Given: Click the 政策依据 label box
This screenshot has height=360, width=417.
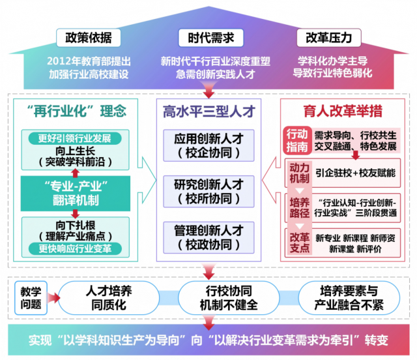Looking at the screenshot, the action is [x=89, y=38].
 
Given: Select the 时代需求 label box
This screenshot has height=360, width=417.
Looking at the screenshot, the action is [x=211, y=38].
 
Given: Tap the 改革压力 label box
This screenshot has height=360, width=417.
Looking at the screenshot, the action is [x=328, y=38].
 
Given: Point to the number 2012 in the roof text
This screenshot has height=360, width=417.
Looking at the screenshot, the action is [x=59, y=61].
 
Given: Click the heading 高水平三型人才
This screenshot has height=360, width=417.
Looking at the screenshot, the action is [x=209, y=112].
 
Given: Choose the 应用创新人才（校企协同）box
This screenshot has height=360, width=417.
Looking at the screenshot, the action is [x=208, y=145].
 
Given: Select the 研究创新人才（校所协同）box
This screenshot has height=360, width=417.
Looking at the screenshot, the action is [x=208, y=192].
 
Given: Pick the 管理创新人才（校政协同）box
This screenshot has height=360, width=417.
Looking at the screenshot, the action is [x=208, y=237].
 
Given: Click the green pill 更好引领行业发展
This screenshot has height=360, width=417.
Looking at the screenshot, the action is [x=75, y=138].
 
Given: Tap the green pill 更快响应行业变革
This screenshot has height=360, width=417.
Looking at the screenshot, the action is [x=75, y=248].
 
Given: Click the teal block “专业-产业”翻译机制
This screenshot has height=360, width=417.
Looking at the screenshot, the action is [x=76, y=193].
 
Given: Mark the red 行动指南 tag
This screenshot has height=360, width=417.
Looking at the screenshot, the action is [x=297, y=140].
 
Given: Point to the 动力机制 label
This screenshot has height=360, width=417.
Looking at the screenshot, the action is [x=300, y=173].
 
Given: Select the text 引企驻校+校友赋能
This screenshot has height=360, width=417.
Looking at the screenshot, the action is [x=356, y=173].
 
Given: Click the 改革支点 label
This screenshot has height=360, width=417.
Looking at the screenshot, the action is [x=300, y=243].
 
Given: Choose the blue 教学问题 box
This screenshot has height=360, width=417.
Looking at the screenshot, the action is [x=31, y=298].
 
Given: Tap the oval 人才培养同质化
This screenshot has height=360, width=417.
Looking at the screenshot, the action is [x=109, y=298].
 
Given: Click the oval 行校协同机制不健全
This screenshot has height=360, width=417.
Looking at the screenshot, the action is [x=229, y=298].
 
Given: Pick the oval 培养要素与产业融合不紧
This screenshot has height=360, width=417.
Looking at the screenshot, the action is [x=349, y=298].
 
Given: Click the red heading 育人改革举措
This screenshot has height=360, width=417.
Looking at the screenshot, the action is [x=343, y=111].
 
